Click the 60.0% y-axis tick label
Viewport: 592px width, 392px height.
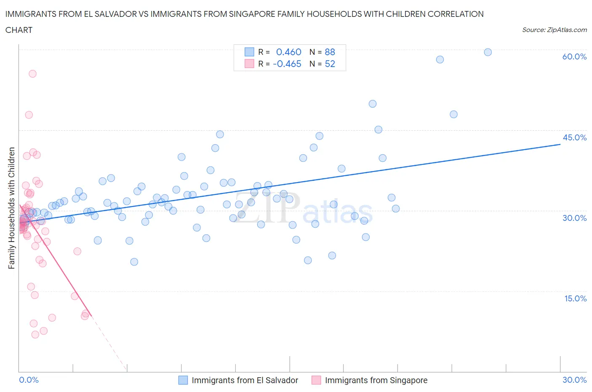(574, 56)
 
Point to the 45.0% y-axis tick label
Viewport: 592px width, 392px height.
(574, 137)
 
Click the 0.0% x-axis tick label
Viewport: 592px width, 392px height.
(29, 380)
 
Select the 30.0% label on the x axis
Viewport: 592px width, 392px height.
(574, 380)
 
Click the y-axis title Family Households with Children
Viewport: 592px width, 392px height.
(12, 208)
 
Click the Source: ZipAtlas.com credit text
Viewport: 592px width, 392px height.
(554, 30)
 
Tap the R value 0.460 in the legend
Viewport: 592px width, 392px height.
(288, 52)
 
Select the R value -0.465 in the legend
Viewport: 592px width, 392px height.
(287, 64)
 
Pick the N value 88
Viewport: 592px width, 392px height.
(330, 52)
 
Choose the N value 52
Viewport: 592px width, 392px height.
(330, 64)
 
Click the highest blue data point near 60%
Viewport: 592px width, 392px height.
(488, 52)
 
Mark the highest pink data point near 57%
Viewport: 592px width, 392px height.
(32, 74)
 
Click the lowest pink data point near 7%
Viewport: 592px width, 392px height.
(35, 334)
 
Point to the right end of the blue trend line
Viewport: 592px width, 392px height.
(560, 144)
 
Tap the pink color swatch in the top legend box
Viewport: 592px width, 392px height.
(249, 64)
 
